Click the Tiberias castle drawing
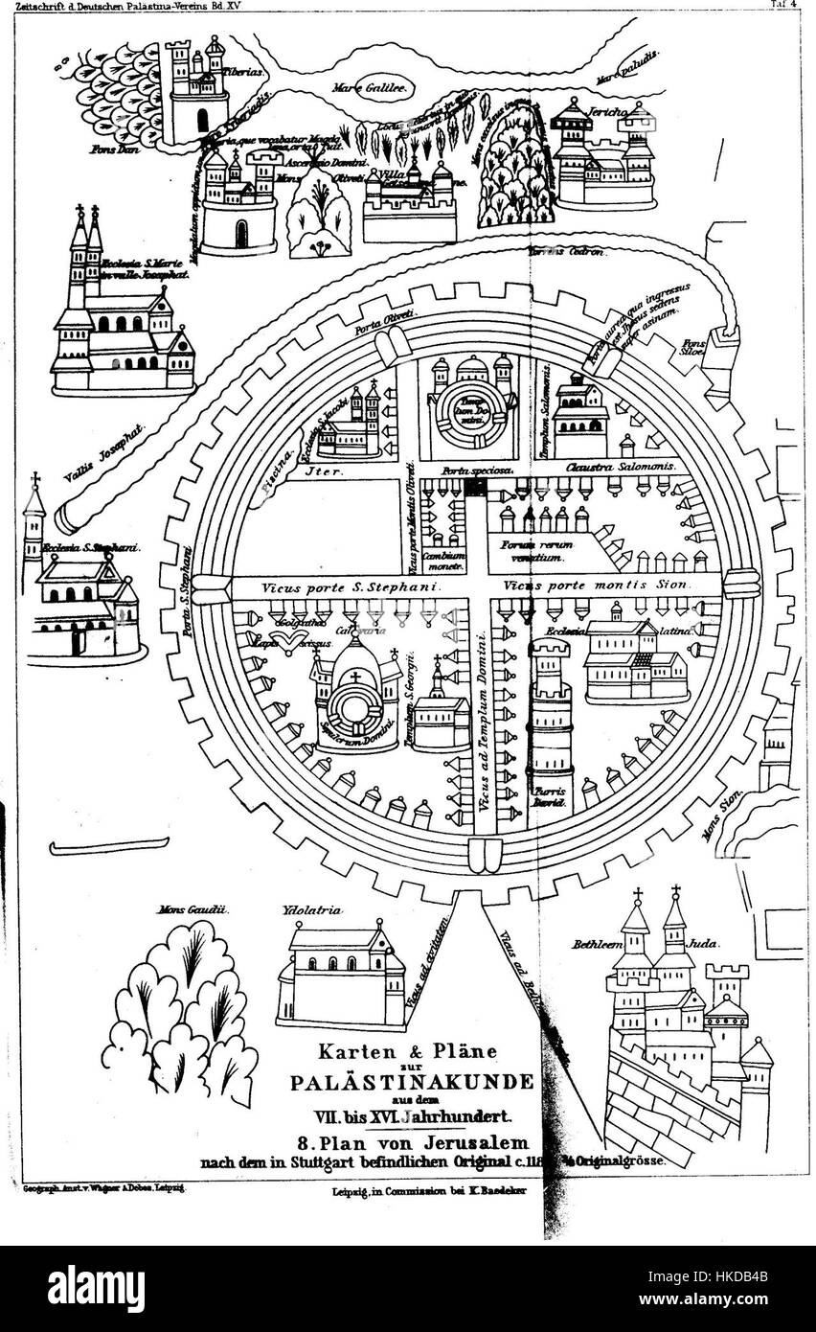(198, 91)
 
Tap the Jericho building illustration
(603, 158)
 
